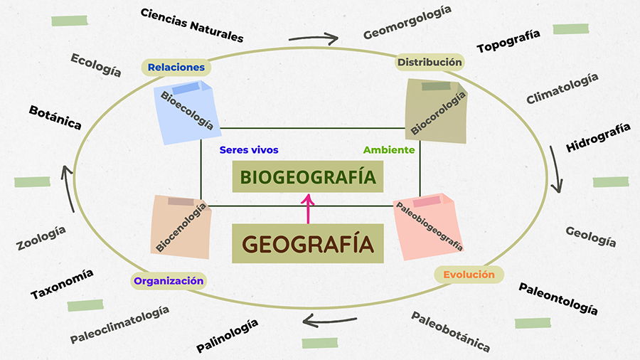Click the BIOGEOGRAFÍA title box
307,176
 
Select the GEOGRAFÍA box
307,243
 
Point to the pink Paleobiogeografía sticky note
430,226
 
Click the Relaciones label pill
177,68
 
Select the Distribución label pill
430,63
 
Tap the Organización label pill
169,280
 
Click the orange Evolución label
469,275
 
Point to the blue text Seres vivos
249,150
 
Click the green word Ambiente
389,150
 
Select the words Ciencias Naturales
192,25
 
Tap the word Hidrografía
598,138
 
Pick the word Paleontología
558,298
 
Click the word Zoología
41,238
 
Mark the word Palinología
227,336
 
